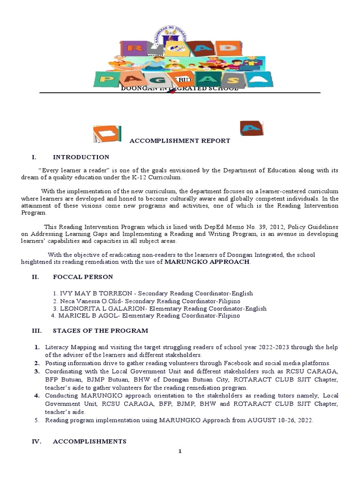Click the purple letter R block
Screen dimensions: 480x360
coord(134,48)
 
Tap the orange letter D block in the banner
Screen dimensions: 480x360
coord(225,48)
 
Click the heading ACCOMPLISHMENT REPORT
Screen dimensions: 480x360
coord(180,141)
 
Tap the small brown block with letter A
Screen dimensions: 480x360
coord(251,128)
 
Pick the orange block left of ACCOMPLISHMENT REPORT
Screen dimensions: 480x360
coord(107,134)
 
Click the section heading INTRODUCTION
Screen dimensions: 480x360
coord(81,157)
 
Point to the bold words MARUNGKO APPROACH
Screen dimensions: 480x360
coord(207,262)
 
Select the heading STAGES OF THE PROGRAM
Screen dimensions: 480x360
coord(100,330)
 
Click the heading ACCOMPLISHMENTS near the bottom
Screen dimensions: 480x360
coord(90,442)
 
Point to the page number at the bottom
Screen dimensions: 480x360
coord(180,451)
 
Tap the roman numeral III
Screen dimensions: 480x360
coord(37,330)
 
